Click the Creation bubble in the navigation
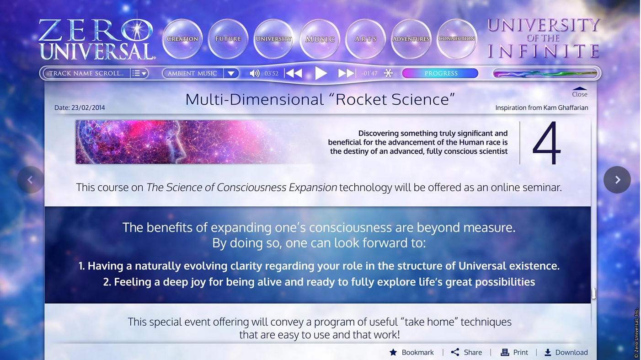point(182,39)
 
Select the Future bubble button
point(228,39)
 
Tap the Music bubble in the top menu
point(320,39)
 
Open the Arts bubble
point(365,39)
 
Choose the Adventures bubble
point(411,39)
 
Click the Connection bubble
point(457,39)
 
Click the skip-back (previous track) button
point(294,73)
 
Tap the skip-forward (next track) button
point(347,73)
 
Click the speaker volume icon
point(254,74)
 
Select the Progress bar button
point(440,73)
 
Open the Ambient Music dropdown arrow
point(231,74)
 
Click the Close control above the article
point(579,92)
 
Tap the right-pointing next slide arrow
point(617,180)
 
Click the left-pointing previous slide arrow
point(30,180)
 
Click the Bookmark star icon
point(393,352)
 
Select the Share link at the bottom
point(466,352)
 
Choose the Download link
point(566,352)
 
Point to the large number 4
point(546,143)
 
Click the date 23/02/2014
point(88,107)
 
